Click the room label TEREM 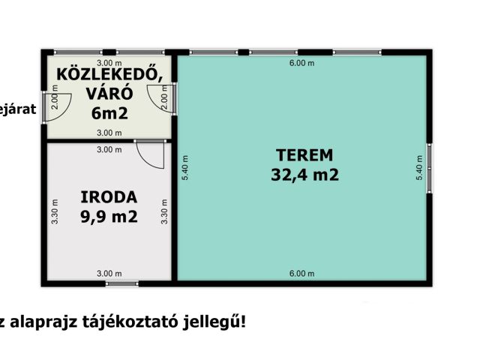(x=304, y=156)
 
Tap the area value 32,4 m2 (x=304, y=176)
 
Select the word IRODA (x=109, y=198)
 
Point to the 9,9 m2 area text (x=109, y=217)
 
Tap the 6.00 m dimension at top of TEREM (x=301, y=64)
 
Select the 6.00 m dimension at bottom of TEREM (x=301, y=273)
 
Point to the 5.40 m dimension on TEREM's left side (x=184, y=165)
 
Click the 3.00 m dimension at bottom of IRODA (x=109, y=273)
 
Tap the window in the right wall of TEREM (x=429, y=164)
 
